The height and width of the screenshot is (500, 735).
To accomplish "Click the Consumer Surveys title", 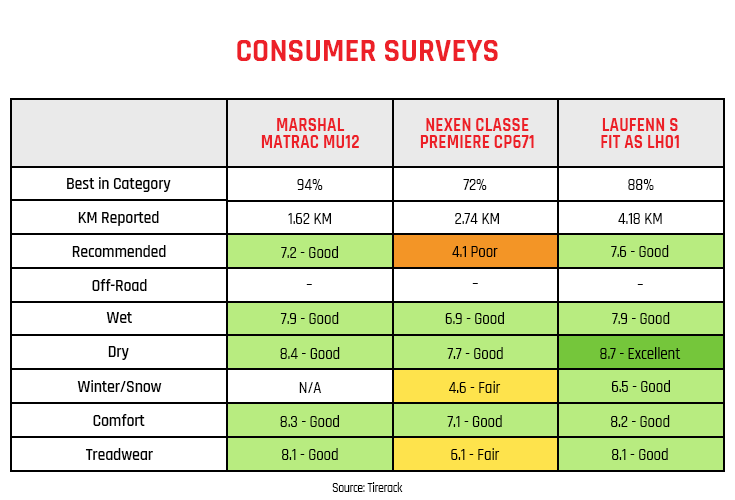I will [367, 51].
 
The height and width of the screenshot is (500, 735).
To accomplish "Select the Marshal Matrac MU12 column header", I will [309, 133].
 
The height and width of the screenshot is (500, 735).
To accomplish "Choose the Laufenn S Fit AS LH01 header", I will [640, 133].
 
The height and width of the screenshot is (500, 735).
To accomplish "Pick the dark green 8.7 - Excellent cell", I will [640, 353].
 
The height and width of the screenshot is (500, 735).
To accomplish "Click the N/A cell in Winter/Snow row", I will [309, 387].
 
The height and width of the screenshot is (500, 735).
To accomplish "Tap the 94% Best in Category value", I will [309, 185].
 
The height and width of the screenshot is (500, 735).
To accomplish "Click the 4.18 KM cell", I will [640, 218].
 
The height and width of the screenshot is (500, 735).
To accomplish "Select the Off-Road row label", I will [118, 286].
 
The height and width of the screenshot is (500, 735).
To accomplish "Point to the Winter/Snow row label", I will [118, 387].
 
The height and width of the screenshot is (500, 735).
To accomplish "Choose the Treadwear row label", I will [118, 455].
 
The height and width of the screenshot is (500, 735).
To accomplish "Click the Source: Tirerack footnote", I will [367, 487].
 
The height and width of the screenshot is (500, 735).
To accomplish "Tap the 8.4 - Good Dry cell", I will [309, 353].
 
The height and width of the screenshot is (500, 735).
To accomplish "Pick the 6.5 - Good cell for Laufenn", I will [640, 387].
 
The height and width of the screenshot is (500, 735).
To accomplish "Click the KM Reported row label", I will [118, 218].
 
